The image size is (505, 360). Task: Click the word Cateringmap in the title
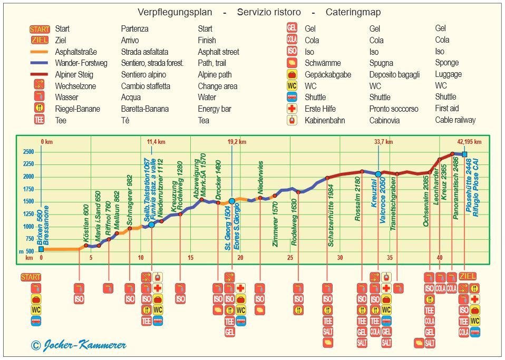tap(353, 12)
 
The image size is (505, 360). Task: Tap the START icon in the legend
tap(40, 29)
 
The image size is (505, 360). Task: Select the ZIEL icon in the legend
tap(40, 40)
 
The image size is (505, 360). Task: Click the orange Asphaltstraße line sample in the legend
tap(40, 52)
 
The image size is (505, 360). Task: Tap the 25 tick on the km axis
tap(290, 258)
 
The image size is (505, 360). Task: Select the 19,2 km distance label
tap(237, 142)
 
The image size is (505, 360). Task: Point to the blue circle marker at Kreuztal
tap(378, 174)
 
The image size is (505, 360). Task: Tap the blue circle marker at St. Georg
tap(232, 201)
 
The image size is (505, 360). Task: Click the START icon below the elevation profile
tap(31, 277)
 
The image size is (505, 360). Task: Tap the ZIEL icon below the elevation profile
tap(468, 277)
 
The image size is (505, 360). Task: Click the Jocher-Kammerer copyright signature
tap(79, 345)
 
